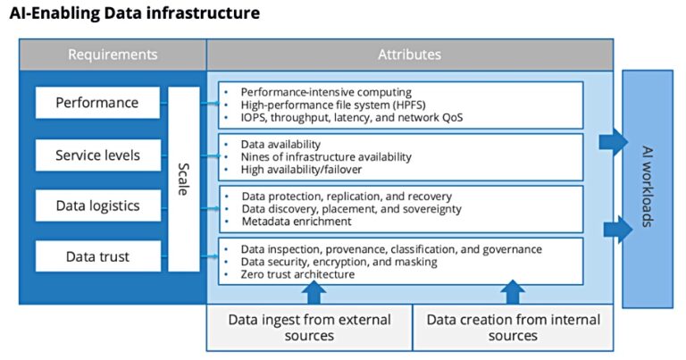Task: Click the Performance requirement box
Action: coord(97,103)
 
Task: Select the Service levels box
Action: coord(97,155)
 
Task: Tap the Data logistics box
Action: coord(97,205)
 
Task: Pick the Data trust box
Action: coord(97,256)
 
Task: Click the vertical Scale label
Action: coord(184,179)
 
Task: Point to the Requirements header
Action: coord(113,54)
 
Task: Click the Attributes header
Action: coord(409,54)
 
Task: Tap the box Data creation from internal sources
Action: coord(513,328)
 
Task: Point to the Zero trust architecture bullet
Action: coord(297,274)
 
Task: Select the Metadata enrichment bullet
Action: coord(296,221)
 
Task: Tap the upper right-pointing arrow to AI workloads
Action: coord(613,141)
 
